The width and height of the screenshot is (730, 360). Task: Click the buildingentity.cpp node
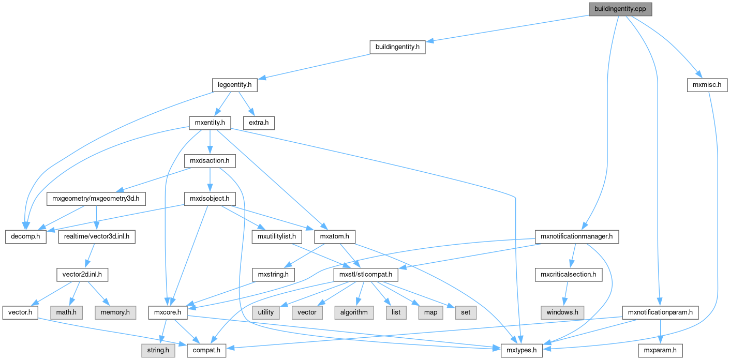tap(620, 9)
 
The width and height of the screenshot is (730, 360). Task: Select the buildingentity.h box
tap(397, 47)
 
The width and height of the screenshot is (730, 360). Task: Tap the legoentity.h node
tap(235, 85)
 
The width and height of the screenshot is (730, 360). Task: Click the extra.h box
tap(259, 123)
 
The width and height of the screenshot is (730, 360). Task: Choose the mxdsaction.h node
tap(210, 161)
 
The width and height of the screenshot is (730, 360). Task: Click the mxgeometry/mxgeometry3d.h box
tap(97, 199)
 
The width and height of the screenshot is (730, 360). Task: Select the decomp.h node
tap(26, 237)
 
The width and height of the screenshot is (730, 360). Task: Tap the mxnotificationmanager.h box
tap(576, 237)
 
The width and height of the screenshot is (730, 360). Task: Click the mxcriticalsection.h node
tap(569, 274)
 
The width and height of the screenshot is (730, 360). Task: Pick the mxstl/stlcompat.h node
tap(365, 274)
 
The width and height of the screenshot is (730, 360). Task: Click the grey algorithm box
tap(354, 312)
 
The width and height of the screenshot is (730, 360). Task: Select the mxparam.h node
tap(660, 351)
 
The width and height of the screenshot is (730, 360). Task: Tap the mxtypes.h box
tap(522, 351)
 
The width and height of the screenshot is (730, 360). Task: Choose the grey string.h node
tap(157, 351)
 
